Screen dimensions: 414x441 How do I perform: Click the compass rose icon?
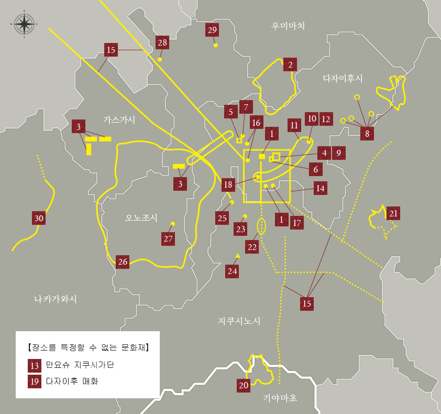23,24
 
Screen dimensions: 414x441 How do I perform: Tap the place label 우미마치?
288,26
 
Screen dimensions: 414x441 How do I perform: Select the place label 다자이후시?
343,78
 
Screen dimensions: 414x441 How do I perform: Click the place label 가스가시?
119,120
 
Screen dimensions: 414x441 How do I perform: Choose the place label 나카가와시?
56,299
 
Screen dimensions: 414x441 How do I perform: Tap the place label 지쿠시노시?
239,321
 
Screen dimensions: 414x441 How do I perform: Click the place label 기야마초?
280,398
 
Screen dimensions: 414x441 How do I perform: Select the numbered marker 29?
212,30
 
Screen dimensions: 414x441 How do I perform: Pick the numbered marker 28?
162,42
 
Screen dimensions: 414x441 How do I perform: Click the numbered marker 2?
290,64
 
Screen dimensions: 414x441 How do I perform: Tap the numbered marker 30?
38,219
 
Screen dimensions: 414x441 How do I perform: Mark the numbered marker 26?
123,262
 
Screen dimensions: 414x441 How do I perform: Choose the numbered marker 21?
393,213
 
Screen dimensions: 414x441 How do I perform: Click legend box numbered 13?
35,365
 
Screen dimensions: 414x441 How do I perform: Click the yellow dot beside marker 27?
173,224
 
